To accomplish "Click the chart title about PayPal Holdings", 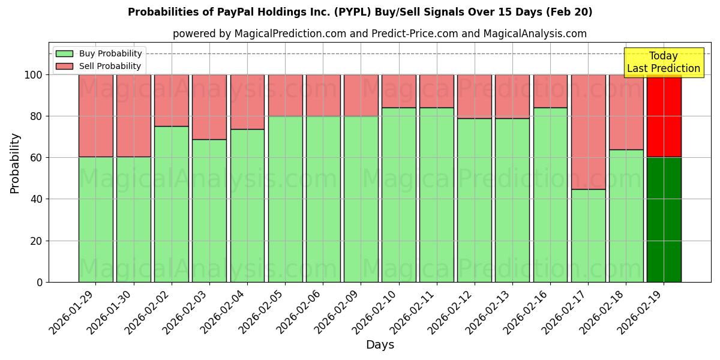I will (360, 12).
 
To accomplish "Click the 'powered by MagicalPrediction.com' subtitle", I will (379, 34).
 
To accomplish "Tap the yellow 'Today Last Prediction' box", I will (663, 62).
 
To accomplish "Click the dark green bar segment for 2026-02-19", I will (664, 220).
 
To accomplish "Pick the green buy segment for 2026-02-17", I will (588, 235).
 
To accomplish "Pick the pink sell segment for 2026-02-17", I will (588, 132).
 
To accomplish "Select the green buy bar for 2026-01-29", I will (95, 220).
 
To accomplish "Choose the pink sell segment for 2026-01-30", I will (133, 116).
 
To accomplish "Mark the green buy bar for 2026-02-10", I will (398, 195).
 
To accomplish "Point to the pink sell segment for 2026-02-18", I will (626, 112).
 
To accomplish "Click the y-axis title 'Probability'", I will (15, 163).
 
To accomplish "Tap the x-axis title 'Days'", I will (379, 344).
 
